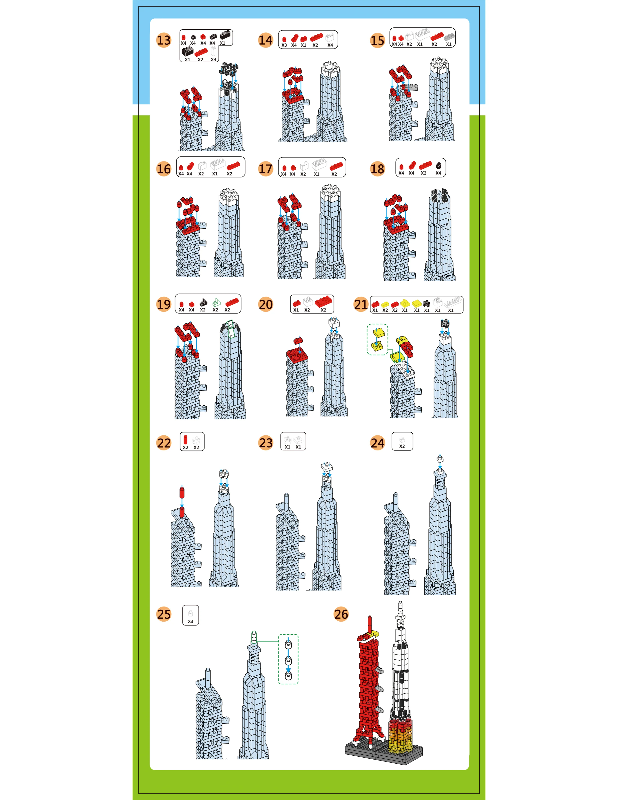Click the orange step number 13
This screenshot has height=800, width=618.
click(x=164, y=40)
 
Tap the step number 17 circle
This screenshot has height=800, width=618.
click(x=265, y=169)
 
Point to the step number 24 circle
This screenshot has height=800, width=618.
click(x=377, y=443)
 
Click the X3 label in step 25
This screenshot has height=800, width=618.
click(x=190, y=621)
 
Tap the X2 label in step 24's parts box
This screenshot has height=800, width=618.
click(x=402, y=446)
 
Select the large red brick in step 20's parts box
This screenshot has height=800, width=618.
click(x=324, y=301)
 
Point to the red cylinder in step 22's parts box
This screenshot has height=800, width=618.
click(x=186, y=440)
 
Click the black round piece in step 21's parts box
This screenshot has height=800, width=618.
click(x=426, y=303)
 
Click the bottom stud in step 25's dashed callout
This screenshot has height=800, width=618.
click(x=288, y=675)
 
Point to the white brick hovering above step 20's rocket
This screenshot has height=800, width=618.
click(x=334, y=323)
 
